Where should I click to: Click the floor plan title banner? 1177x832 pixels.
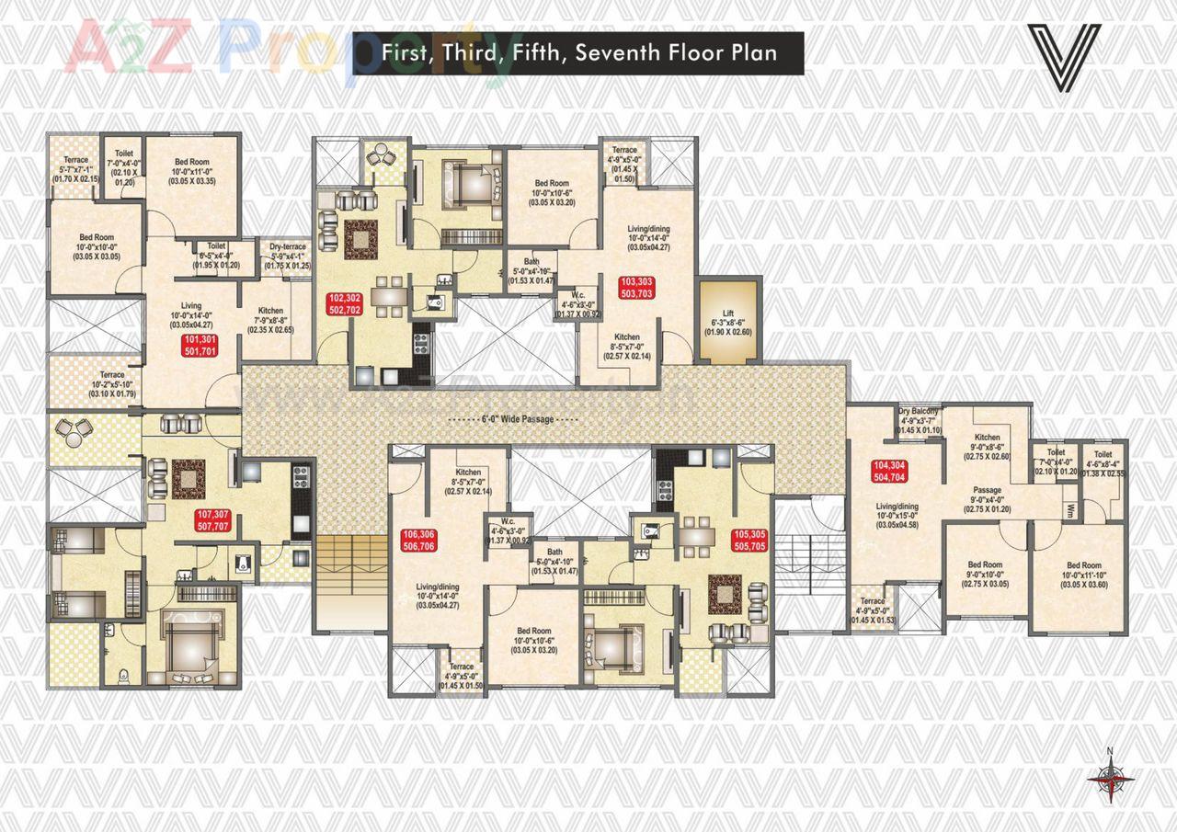click(x=578, y=52)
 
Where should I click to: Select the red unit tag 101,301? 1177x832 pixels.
click(x=200, y=346)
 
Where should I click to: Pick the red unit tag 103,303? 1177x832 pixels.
click(x=636, y=287)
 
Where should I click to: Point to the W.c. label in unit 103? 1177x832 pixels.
click(x=578, y=304)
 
